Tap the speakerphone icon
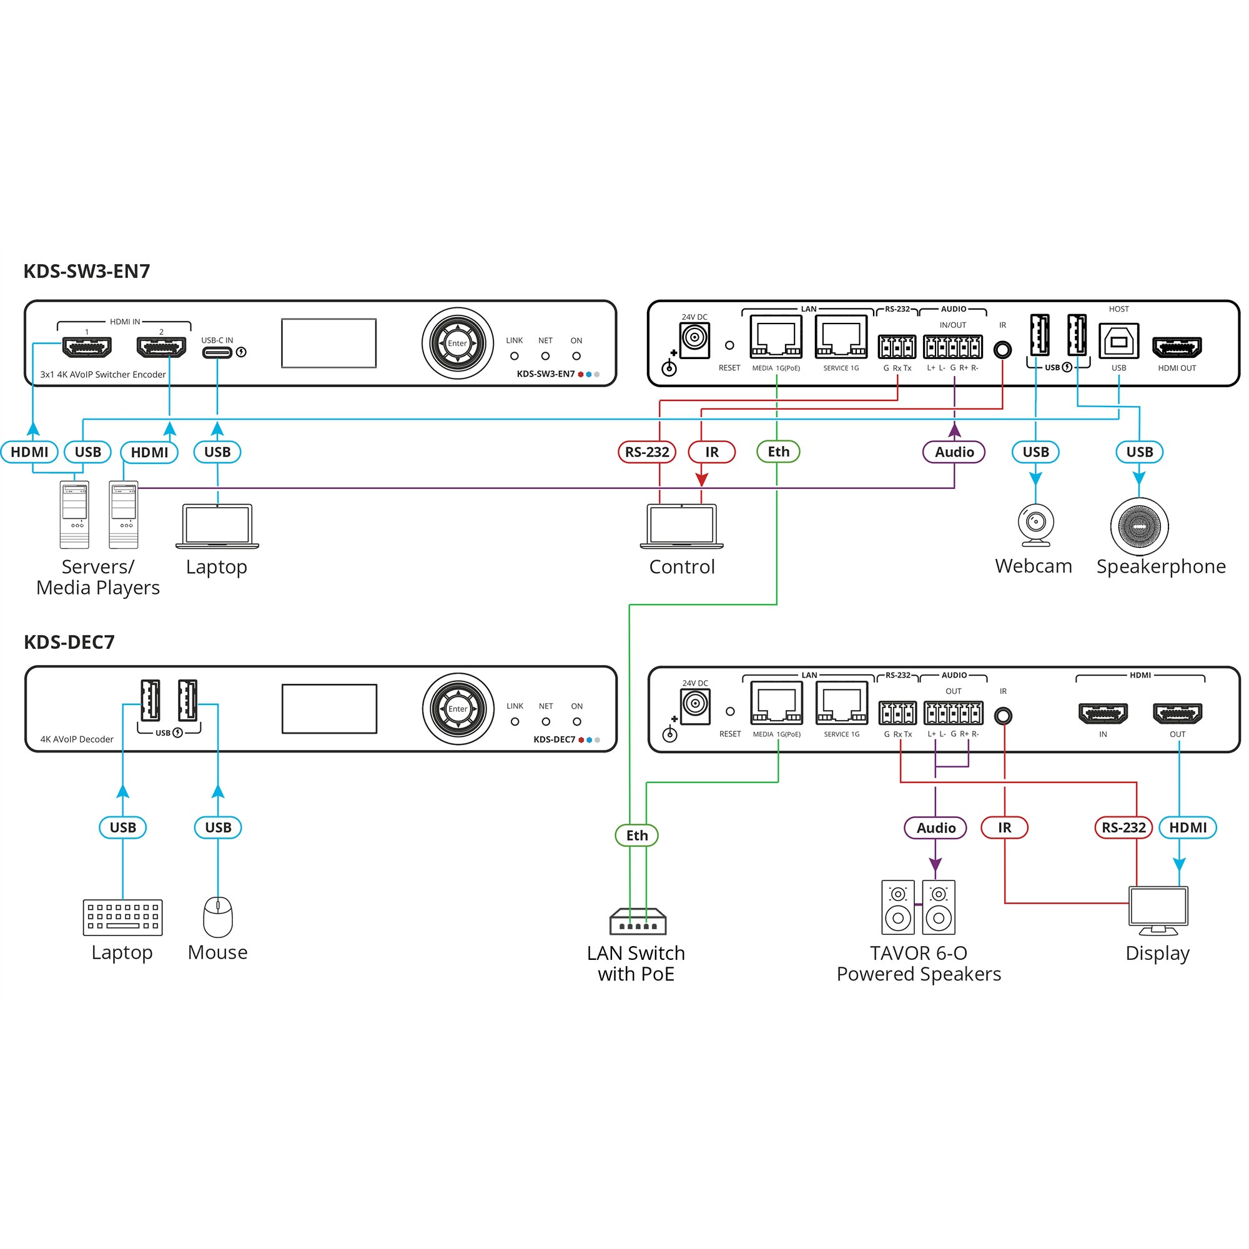[1139, 526]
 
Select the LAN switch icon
[638, 921]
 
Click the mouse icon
[218, 917]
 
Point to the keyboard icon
[123, 917]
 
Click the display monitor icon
[1158, 911]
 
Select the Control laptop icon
[681, 526]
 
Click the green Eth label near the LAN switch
[637, 835]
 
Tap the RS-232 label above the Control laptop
[647, 452]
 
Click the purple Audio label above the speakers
[936, 827]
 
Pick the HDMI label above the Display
[1188, 827]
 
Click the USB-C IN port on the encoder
[217, 352]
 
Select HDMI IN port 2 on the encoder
[162, 347]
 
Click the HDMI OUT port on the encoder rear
[1177, 347]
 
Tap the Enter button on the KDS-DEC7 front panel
[458, 709]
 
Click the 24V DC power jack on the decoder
[696, 706]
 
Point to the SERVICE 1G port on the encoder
[841, 337]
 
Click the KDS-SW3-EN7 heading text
[87, 271]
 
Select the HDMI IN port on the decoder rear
[1103, 713]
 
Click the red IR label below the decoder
[1005, 827]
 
